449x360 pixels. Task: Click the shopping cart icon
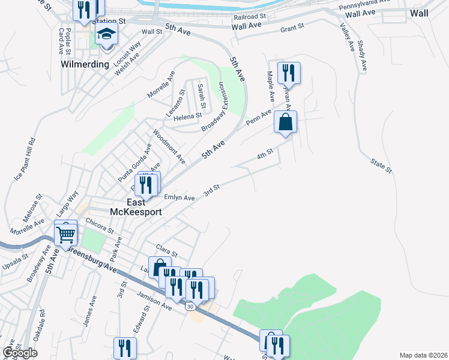pyautogui.click(x=65, y=232)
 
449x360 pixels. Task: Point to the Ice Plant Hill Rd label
pyautogui.click(x=25, y=159)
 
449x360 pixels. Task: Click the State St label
pyautogui.click(x=381, y=166)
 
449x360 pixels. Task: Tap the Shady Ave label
pyautogui.click(x=361, y=55)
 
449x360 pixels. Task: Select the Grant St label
pyautogui.click(x=293, y=28)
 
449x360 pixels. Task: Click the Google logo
pyautogui.click(x=20, y=353)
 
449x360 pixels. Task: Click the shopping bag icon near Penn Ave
pyautogui.click(x=286, y=122)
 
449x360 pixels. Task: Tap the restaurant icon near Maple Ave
pyautogui.click(x=289, y=73)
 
